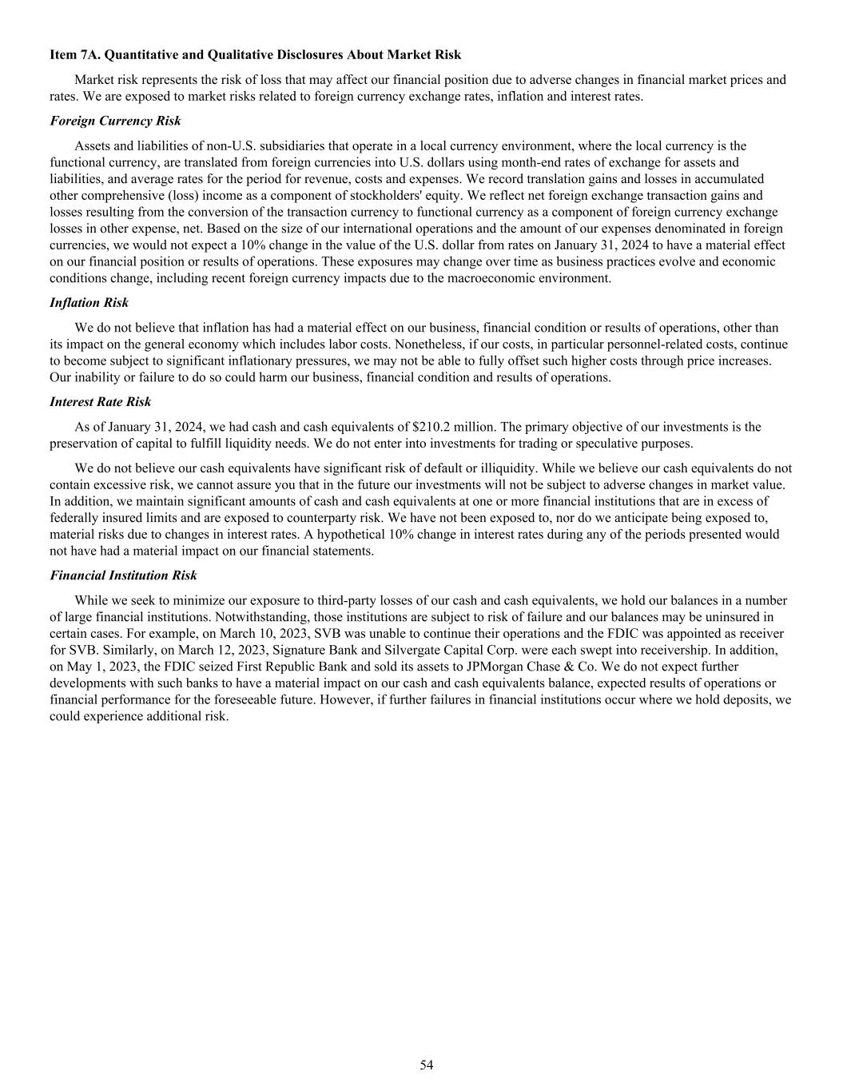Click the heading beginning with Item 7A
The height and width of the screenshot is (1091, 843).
255,55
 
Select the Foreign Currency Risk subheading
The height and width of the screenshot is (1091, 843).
115,121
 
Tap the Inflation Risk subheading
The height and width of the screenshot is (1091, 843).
89,303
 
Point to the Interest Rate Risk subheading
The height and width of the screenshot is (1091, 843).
100,402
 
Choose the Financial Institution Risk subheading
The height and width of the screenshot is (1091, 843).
123,575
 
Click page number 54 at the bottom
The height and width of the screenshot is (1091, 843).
427,1065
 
